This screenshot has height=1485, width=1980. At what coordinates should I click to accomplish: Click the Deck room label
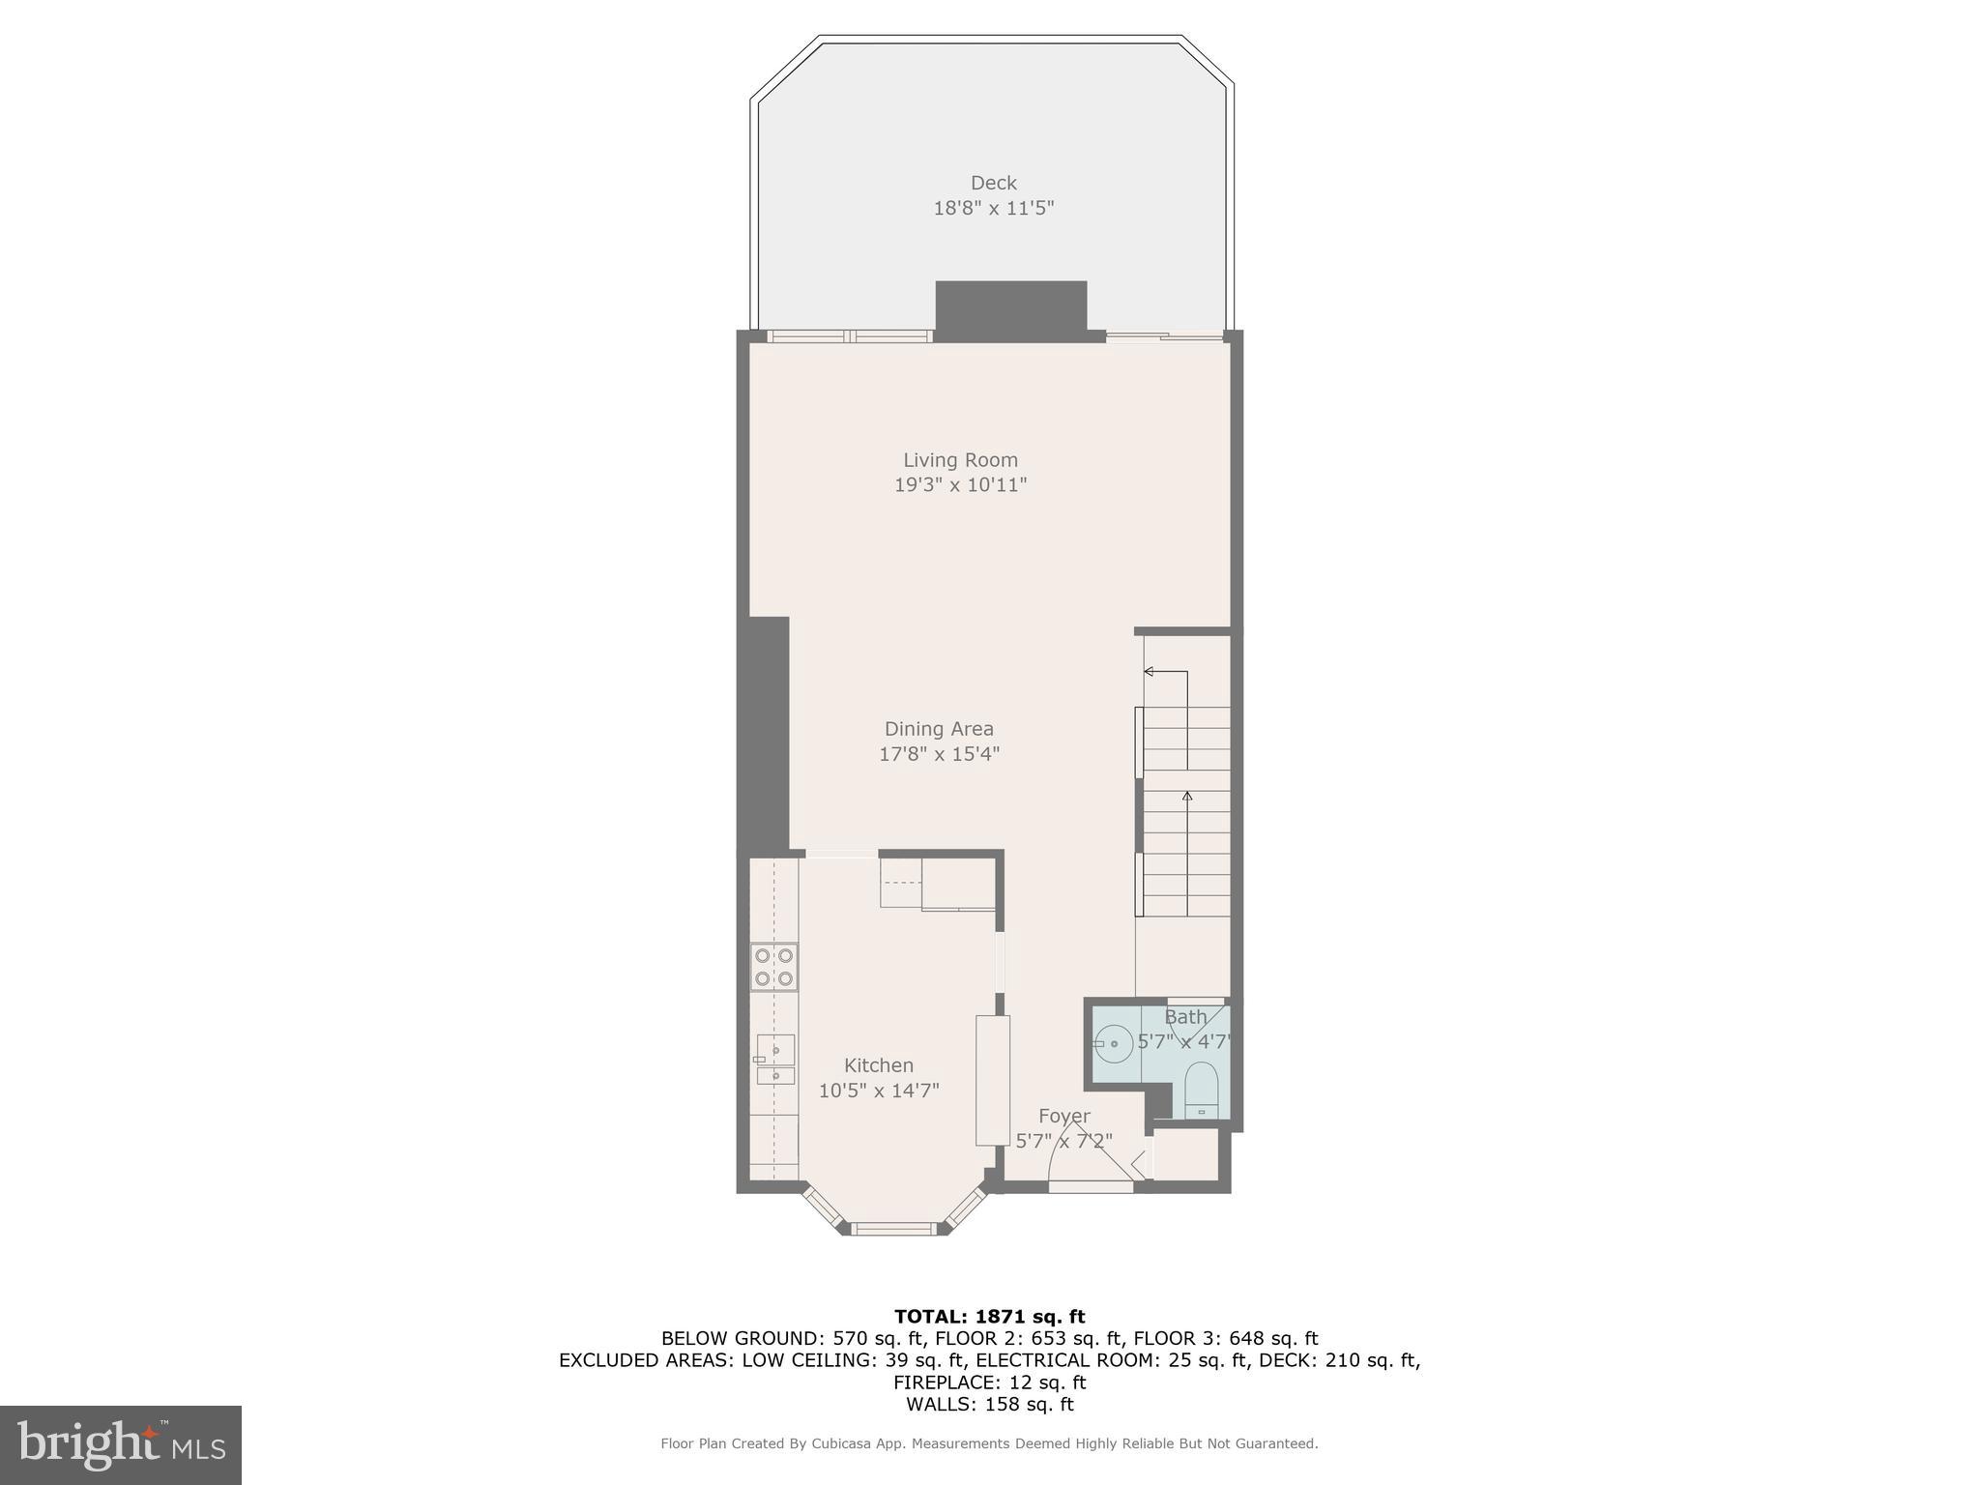tap(993, 183)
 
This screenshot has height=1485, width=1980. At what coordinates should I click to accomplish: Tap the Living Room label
tap(960, 460)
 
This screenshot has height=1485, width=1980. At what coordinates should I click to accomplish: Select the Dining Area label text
tap(939, 729)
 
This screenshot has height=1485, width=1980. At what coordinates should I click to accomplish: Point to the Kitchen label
tap(878, 1065)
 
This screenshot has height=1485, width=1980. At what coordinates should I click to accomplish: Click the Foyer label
tap(1063, 1117)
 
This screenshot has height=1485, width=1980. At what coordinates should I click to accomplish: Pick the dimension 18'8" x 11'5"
tap(993, 208)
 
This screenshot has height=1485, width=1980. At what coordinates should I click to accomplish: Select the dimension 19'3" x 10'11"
tap(960, 485)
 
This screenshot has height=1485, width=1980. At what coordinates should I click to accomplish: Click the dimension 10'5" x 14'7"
tap(879, 1091)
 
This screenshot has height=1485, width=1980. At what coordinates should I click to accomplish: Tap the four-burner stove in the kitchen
tap(774, 967)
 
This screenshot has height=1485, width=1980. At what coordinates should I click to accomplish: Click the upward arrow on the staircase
tap(1187, 797)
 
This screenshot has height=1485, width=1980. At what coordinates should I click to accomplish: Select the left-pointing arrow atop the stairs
tap(1150, 671)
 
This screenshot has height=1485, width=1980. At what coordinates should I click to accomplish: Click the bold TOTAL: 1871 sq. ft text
tap(989, 1316)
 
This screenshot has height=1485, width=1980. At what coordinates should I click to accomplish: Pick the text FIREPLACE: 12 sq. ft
tap(989, 1382)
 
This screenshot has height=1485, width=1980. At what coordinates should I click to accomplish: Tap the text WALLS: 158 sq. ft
tap(989, 1404)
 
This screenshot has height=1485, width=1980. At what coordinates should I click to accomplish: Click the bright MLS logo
tap(121, 1444)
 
